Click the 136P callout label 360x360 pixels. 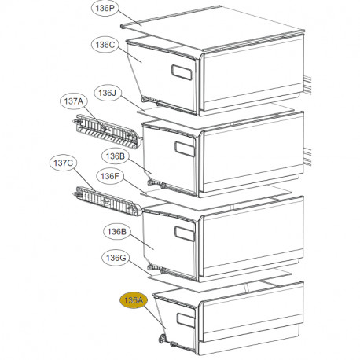pyautogui.click(x=105, y=8)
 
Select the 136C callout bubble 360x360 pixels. pyautogui.click(x=105, y=45)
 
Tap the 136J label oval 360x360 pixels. pyautogui.click(x=108, y=93)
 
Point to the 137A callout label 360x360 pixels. pyautogui.click(x=74, y=101)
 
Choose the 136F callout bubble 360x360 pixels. pyautogui.click(x=110, y=176)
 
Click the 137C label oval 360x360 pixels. pyautogui.click(x=64, y=163)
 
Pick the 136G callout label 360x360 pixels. pyautogui.click(x=116, y=258)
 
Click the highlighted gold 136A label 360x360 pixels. pyautogui.click(x=134, y=300)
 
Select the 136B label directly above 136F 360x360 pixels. pyautogui.click(x=116, y=156)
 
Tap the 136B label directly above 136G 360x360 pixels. pyautogui.click(x=117, y=232)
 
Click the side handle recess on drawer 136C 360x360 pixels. pyautogui.click(x=182, y=72)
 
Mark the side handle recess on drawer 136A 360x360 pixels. pyautogui.click(x=186, y=320)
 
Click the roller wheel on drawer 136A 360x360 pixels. pyautogui.click(x=162, y=339)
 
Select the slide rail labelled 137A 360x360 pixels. pyautogui.click(x=108, y=131)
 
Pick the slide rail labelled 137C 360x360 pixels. pyautogui.click(x=107, y=201)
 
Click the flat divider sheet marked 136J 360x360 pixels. pyautogui.click(x=215, y=116)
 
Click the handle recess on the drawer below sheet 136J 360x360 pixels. pyautogui.click(x=185, y=149)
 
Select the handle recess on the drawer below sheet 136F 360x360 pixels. pyautogui.click(x=185, y=233)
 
